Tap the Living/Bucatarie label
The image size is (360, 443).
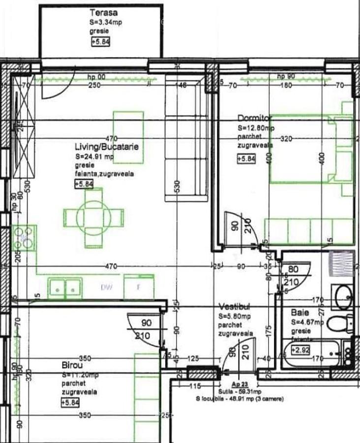107,147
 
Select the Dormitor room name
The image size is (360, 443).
255,118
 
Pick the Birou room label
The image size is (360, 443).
72,366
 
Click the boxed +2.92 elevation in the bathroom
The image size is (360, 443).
300,350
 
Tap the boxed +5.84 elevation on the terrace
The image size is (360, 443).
101,42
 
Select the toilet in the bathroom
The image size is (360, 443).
340,323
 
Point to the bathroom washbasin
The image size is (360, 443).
342,296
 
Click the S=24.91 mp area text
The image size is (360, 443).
95,157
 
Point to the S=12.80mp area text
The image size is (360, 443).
256,127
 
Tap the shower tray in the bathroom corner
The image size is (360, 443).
341,265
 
